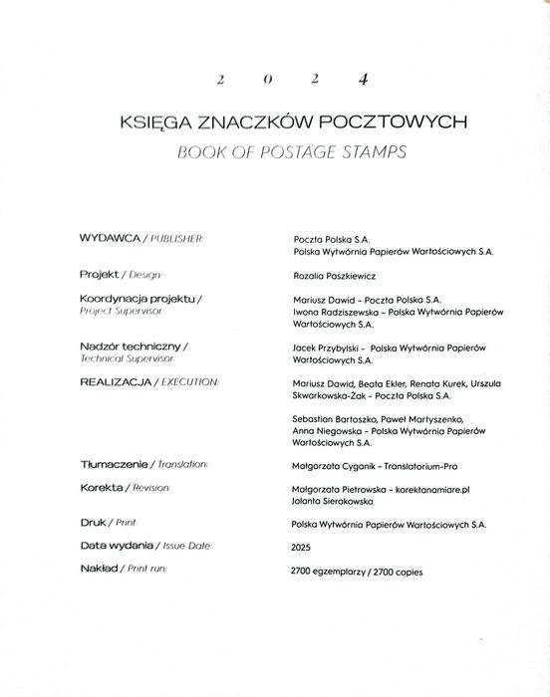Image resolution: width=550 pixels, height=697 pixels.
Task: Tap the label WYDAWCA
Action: [x=113, y=239]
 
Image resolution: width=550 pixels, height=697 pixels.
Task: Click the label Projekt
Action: [x=100, y=273]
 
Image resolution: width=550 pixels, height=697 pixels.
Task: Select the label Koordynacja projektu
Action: [x=137, y=298]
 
